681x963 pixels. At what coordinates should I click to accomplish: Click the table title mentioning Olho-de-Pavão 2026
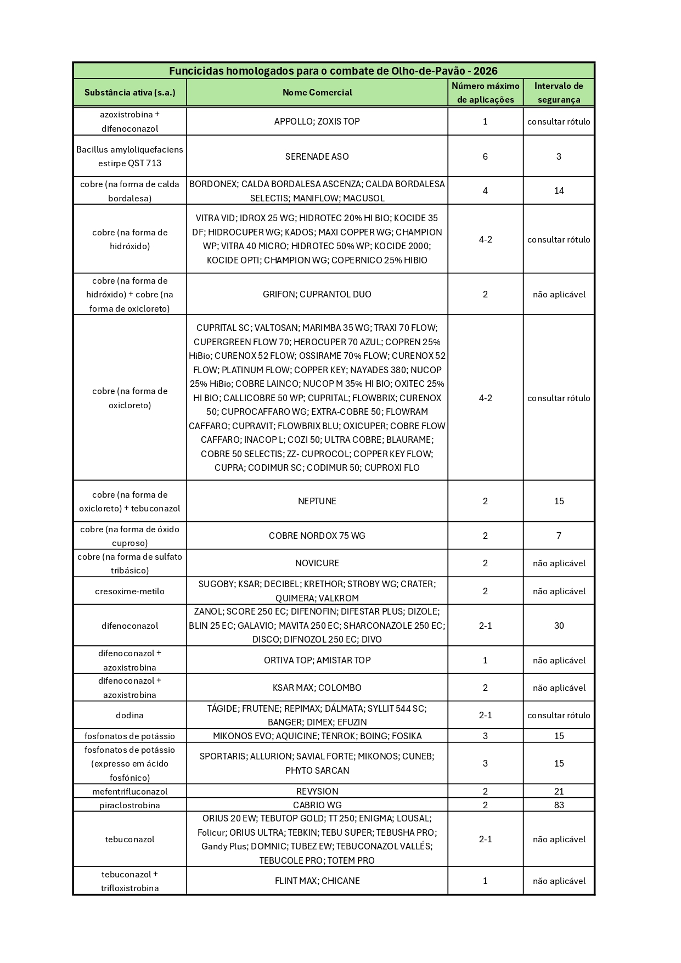[x=333, y=71]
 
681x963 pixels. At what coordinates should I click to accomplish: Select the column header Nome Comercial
[x=317, y=92]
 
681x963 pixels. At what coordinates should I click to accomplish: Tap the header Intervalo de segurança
[x=559, y=92]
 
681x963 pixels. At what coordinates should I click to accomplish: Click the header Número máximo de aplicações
[x=485, y=92]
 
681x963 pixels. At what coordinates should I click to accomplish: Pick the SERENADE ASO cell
[x=317, y=156]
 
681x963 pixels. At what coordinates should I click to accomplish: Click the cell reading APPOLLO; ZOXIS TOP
[x=317, y=121]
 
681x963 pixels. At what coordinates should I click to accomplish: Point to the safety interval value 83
[x=559, y=805]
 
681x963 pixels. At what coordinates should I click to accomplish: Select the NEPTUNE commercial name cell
[x=317, y=501]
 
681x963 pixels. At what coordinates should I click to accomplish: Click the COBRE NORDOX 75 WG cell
[x=317, y=536]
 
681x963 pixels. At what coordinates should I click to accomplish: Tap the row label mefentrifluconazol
[x=130, y=791]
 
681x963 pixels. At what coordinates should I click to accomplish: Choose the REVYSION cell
[x=317, y=791]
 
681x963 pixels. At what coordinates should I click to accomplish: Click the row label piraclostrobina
[x=130, y=805]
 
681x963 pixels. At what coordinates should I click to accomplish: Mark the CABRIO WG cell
[x=317, y=805]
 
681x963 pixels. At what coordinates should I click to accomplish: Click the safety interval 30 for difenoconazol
[x=559, y=626]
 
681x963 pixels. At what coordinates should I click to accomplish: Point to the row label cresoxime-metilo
[x=130, y=591]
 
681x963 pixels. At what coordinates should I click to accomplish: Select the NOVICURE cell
[x=317, y=563]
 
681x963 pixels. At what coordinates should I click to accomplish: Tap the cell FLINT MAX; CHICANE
[x=317, y=881]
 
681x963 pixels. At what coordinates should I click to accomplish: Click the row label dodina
[x=130, y=715]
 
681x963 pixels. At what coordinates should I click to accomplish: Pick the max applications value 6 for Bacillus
[x=485, y=156]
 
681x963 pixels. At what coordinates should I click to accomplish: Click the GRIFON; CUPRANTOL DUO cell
[x=317, y=294]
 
